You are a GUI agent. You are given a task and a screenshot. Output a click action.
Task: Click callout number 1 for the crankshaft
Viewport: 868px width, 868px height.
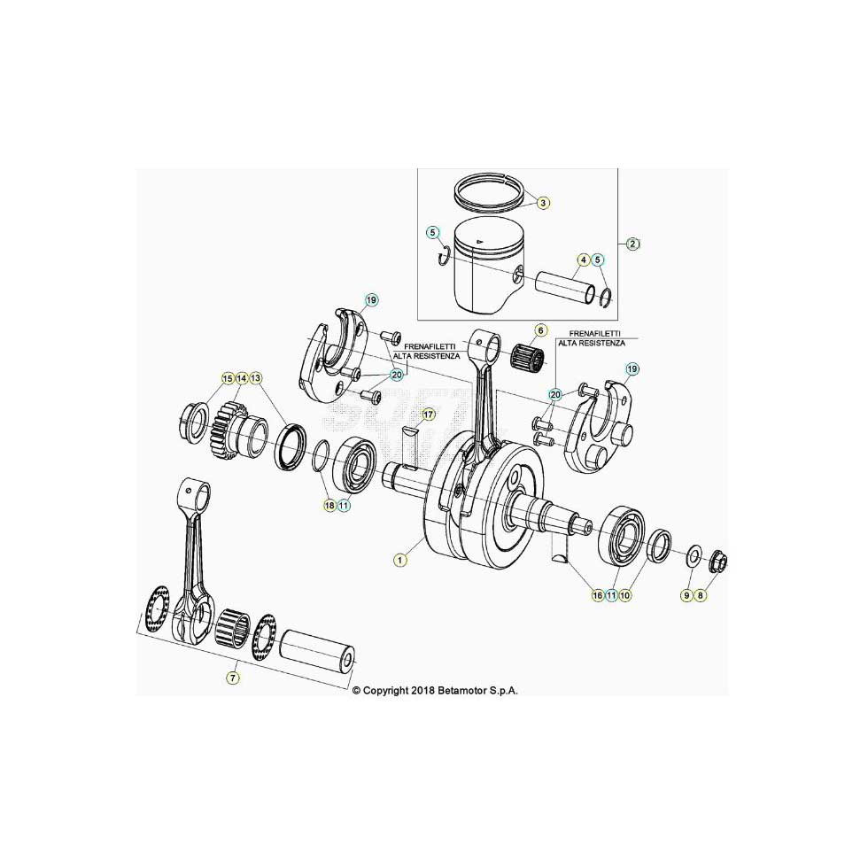pos(400,560)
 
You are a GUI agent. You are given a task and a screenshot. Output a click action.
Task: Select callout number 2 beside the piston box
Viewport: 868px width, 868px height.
pos(633,243)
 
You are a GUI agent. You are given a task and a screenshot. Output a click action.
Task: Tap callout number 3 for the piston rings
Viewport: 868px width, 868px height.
pos(543,203)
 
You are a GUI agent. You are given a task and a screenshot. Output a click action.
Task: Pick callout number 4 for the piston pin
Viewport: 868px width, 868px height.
pos(583,259)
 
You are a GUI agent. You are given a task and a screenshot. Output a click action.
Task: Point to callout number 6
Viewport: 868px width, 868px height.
pos(541,330)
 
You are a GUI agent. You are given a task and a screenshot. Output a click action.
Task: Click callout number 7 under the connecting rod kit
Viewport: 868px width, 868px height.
pos(233,678)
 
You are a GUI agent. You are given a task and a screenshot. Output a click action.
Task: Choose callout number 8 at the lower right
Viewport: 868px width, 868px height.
pos(701,595)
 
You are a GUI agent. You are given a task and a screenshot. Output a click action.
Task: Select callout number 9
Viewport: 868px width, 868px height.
pos(686,595)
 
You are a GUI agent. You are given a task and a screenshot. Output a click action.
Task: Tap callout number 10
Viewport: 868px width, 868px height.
pos(625,595)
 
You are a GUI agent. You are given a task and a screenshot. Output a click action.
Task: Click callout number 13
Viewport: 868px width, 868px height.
pos(255,379)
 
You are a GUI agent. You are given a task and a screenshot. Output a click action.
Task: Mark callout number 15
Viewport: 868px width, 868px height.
pos(228,379)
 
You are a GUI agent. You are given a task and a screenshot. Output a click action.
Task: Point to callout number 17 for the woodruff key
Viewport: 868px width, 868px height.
pos(427,415)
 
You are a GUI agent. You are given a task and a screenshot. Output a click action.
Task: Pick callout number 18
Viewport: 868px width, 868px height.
pos(329,505)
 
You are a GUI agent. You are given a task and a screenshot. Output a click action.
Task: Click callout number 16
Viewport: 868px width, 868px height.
pos(597,595)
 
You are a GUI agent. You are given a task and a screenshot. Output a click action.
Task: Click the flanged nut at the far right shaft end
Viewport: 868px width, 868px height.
pos(718,563)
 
